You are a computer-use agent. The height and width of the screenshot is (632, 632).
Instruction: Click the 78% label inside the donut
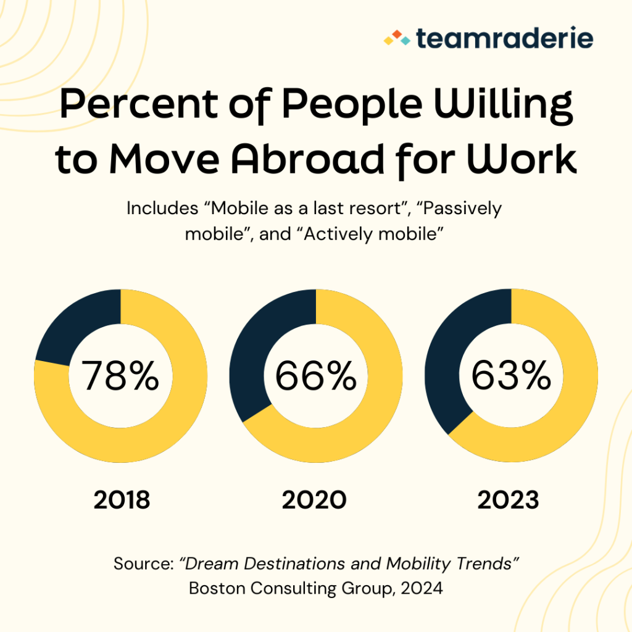tap(120, 376)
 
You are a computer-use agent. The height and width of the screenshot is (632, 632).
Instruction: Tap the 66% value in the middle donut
tap(315, 376)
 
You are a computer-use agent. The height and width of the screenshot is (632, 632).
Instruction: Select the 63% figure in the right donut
tap(511, 376)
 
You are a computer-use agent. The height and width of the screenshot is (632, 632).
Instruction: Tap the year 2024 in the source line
tap(420, 588)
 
